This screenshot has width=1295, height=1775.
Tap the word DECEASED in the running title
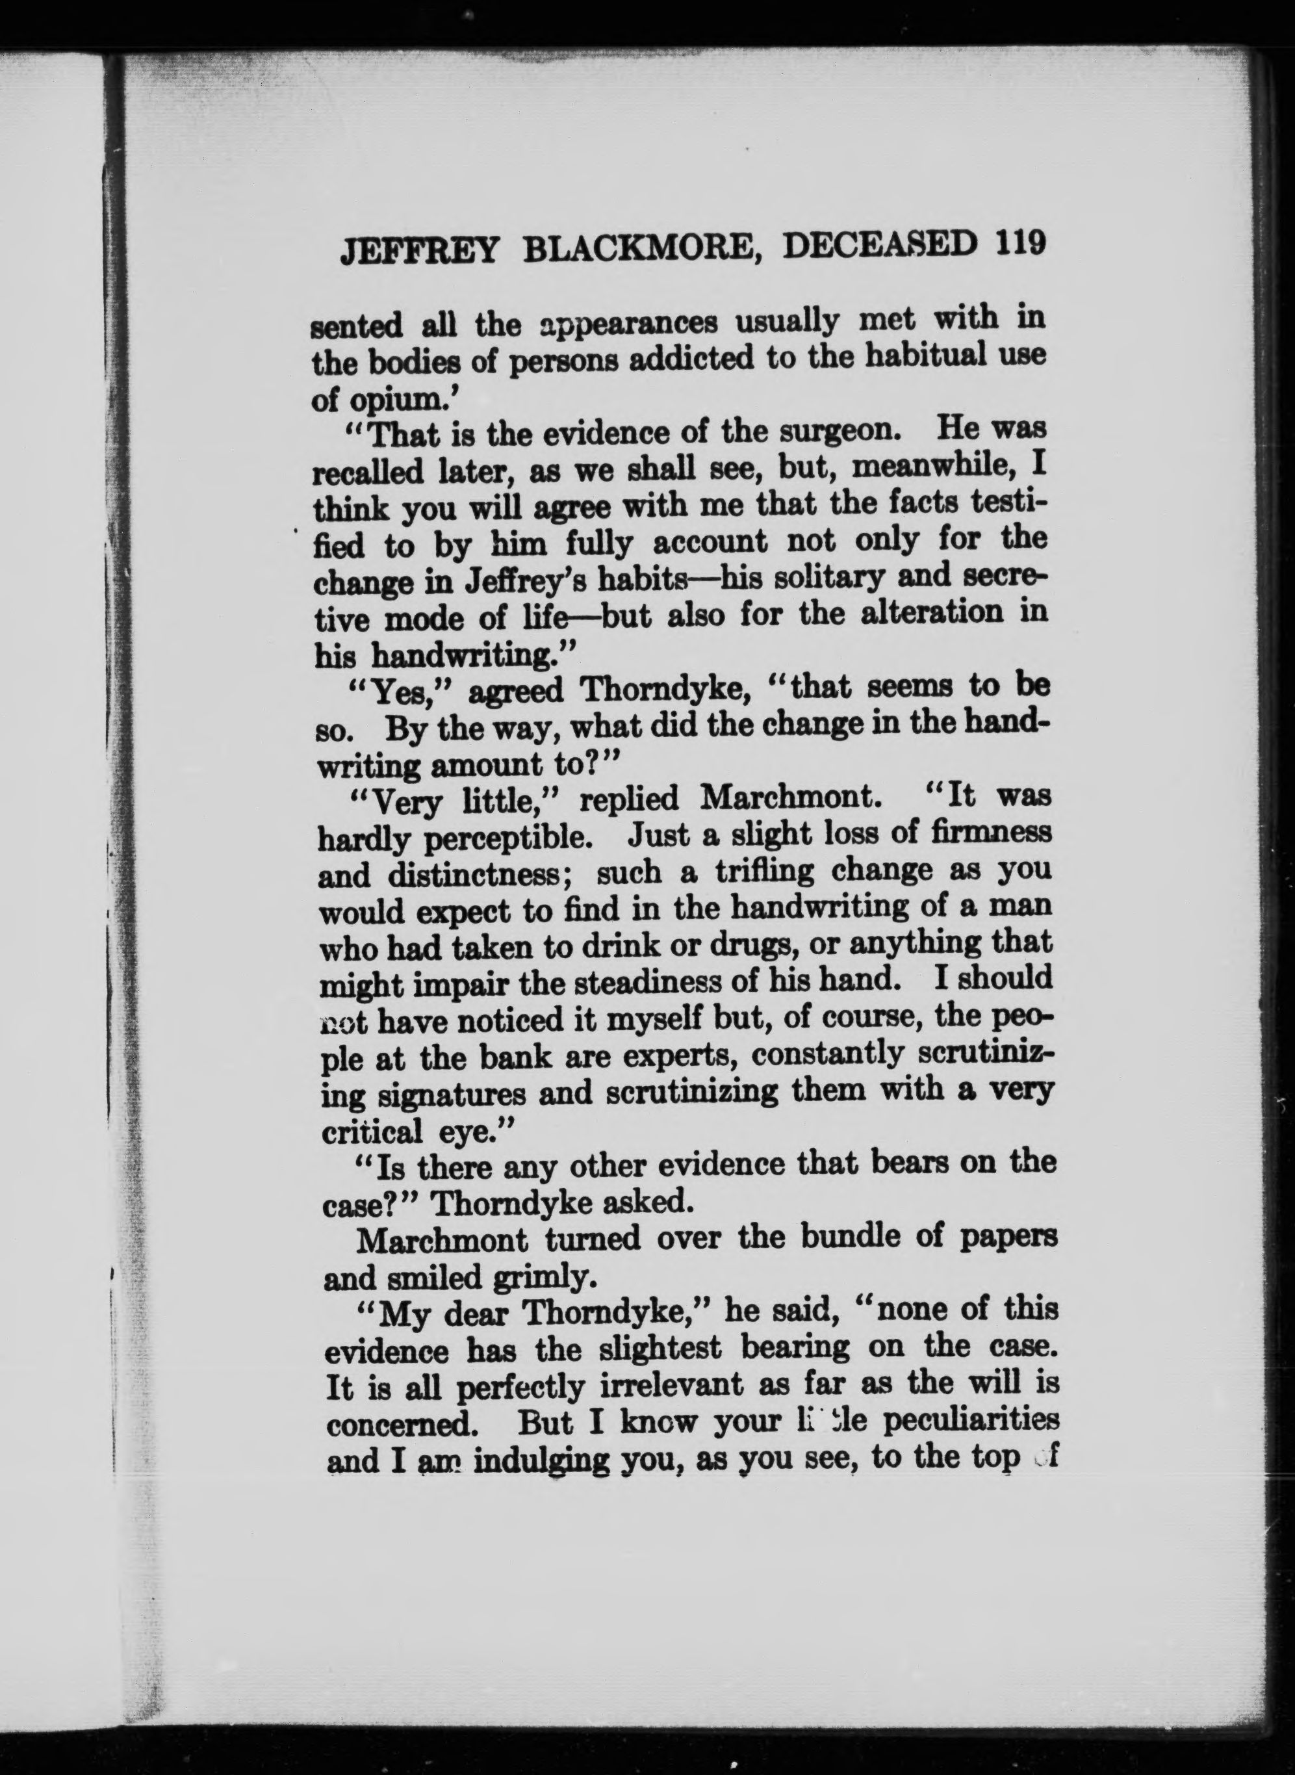click(x=882, y=244)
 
